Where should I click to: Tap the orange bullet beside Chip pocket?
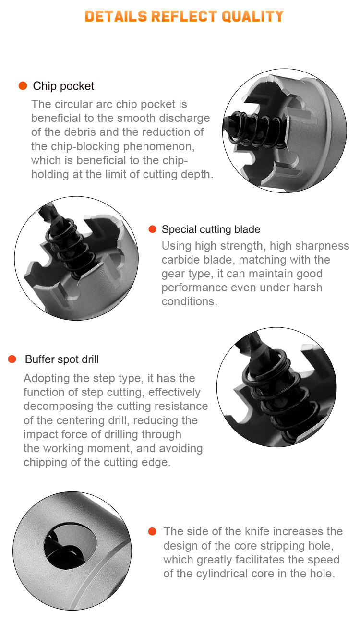(23, 86)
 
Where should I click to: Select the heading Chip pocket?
(63, 86)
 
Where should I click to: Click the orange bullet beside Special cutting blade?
(153, 229)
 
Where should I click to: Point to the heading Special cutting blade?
(211, 229)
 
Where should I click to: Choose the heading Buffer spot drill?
(62, 359)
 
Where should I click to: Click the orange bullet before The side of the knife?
(153, 531)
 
